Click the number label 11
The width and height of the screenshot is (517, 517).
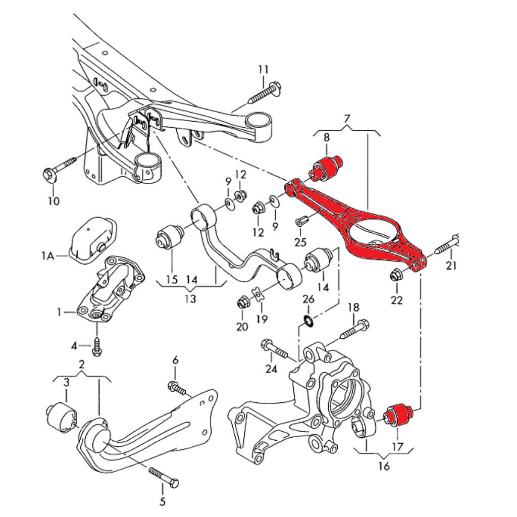(x=264, y=69)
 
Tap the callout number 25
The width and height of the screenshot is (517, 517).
(x=300, y=242)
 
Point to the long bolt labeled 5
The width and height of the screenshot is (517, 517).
(x=164, y=476)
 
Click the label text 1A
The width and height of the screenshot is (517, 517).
(x=48, y=256)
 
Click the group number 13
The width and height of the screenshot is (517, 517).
(x=190, y=299)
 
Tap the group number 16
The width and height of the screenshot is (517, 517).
(x=384, y=466)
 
